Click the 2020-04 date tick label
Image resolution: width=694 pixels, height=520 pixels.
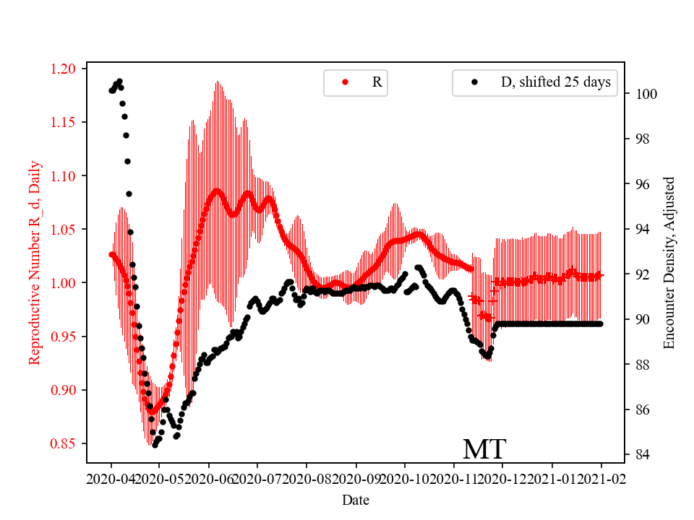pyautogui.click(x=111, y=478)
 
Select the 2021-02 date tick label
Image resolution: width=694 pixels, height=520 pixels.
pyautogui.click(x=601, y=478)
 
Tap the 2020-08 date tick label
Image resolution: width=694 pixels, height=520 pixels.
pyautogui.click(x=307, y=478)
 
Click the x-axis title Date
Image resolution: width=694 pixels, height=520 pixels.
pyautogui.click(x=356, y=500)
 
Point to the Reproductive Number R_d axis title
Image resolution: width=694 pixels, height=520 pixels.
pyautogui.click(x=35, y=262)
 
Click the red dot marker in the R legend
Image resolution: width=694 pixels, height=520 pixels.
pyautogui.click(x=345, y=82)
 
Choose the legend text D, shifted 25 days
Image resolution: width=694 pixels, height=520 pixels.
pyautogui.click(x=555, y=82)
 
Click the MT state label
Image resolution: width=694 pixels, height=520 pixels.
pyautogui.click(x=484, y=449)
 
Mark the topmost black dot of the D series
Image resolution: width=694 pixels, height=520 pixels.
pyautogui.click(x=119, y=81)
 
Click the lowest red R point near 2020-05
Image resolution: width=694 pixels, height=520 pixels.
pyautogui.click(x=152, y=411)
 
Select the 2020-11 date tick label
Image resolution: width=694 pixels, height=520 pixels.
pyautogui.click(x=454, y=478)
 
